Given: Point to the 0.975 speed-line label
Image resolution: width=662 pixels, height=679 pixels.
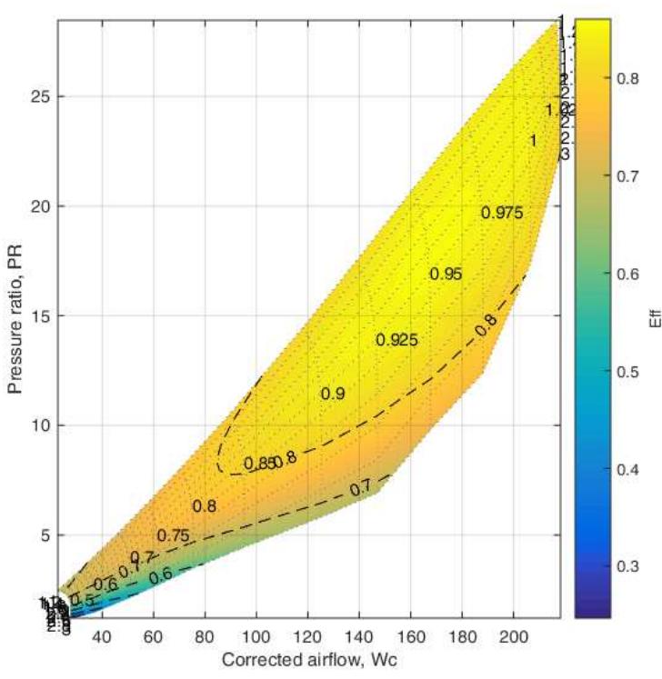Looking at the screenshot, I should click(x=502, y=213).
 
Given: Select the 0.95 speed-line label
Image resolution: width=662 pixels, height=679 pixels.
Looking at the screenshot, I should click(x=446, y=274).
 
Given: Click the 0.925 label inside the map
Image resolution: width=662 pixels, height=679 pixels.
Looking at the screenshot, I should click(x=396, y=340).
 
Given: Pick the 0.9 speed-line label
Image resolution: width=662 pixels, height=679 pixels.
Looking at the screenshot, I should click(x=333, y=394).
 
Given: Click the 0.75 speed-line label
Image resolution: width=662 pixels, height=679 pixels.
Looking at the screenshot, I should click(x=173, y=535).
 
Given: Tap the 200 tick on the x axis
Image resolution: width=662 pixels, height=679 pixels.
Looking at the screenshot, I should click(x=513, y=636).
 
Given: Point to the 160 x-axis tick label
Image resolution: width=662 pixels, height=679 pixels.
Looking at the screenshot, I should click(x=411, y=636).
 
